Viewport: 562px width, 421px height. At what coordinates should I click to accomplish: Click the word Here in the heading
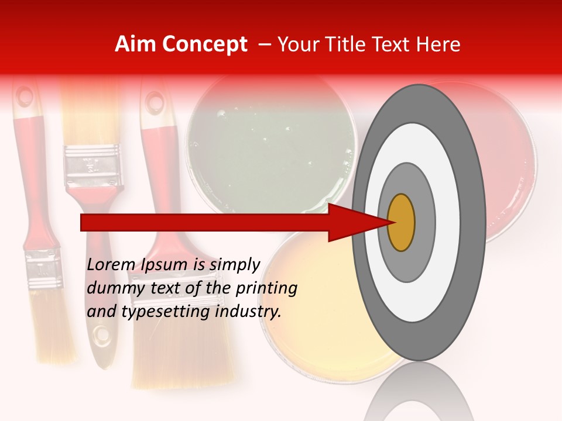tap(439, 44)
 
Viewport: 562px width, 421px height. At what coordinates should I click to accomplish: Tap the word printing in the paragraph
tap(266, 289)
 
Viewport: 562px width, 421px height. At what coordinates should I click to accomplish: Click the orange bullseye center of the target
tap(401, 223)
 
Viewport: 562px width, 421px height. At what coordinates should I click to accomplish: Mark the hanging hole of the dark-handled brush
tap(103, 334)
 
